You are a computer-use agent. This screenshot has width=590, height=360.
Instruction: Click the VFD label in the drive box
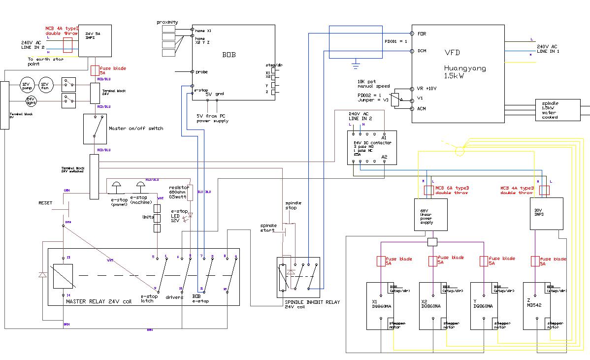pos(453,52)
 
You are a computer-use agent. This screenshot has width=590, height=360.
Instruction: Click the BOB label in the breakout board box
pos(229,54)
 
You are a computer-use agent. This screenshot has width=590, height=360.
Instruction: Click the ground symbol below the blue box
pos(355,63)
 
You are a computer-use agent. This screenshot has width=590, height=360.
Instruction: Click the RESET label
pos(45,203)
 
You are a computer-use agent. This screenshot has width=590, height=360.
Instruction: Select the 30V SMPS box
pos(546,214)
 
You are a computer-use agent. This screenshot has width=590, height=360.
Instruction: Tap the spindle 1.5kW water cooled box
pos(557,110)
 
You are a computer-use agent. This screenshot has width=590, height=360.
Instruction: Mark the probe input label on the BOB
pos(201,72)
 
